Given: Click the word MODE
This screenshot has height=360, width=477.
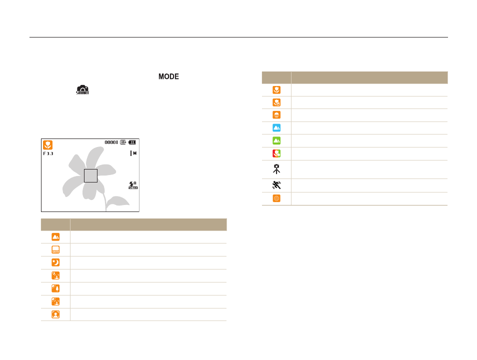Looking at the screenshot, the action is pyautogui.click(x=168, y=76).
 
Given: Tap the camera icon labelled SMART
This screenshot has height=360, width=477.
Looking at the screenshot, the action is pyautogui.click(x=82, y=90).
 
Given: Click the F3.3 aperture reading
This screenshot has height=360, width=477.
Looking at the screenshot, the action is pyautogui.click(x=48, y=153).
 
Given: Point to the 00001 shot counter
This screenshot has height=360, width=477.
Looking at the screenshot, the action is pyautogui.click(x=111, y=142).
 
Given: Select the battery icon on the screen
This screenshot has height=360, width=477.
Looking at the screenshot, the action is pyautogui.click(x=132, y=142).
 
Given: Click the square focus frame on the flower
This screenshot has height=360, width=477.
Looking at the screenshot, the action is pyautogui.click(x=90, y=175).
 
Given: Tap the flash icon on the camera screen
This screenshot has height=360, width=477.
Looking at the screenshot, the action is pyautogui.click(x=133, y=185).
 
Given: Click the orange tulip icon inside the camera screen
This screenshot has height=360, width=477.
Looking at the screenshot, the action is pyautogui.click(x=48, y=145).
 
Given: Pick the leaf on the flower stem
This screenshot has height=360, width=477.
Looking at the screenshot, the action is pyautogui.click(x=117, y=201).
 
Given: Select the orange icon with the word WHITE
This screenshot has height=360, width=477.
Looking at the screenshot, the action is pyautogui.click(x=55, y=249).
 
